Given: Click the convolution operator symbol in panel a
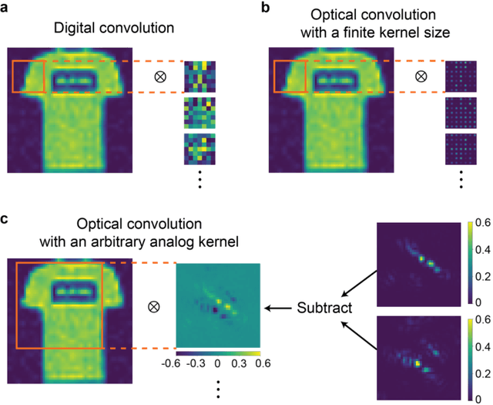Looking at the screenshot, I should (160, 76).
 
